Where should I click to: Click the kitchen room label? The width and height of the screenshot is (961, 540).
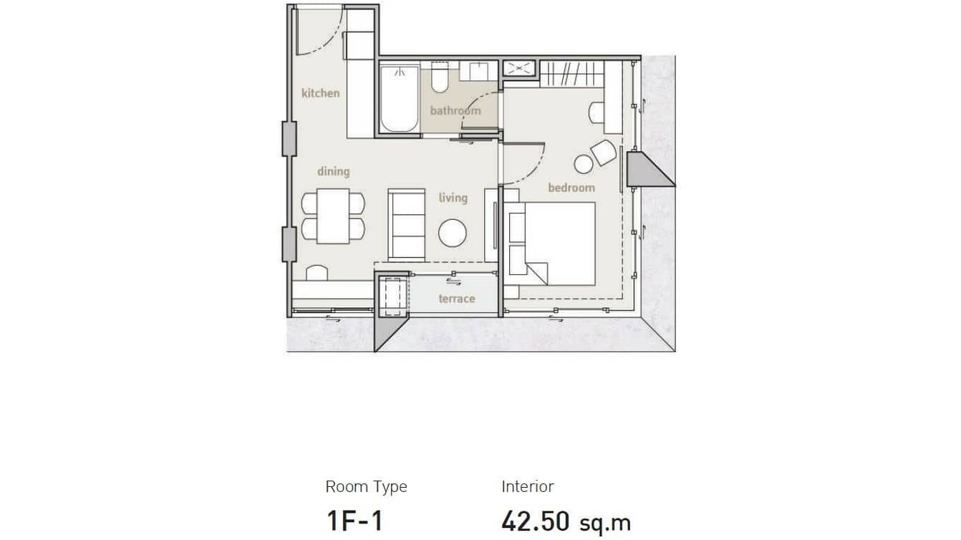[x=320, y=93]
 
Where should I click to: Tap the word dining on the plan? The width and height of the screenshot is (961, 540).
[x=333, y=171]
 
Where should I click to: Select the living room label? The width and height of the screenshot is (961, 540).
[x=453, y=198]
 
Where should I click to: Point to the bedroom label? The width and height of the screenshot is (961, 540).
[x=571, y=188]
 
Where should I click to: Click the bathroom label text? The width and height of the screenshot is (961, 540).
[x=455, y=111]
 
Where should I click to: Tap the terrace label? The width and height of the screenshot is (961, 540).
[x=456, y=299]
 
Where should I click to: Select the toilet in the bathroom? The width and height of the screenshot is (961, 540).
[x=440, y=79]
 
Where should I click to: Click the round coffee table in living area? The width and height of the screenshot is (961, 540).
[x=453, y=233]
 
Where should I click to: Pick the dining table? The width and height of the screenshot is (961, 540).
[x=333, y=216]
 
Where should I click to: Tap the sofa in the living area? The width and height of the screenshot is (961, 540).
[x=407, y=223]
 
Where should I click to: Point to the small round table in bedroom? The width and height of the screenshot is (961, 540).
[x=584, y=165]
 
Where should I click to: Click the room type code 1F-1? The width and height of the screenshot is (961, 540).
[x=354, y=521]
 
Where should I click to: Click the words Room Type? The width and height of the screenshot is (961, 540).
[x=366, y=487]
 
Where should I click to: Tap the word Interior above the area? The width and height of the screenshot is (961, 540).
[x=528, y=487]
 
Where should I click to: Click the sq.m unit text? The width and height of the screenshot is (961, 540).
[x=606, y=523]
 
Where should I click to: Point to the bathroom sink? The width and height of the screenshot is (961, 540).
[x=479, y=71]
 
